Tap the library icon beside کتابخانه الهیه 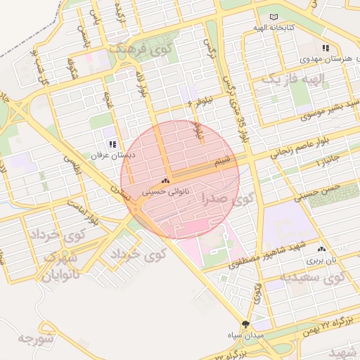[274, 17]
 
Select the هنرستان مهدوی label [324, 58]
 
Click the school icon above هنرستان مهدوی [325, 48]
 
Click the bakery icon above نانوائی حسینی [166, 181]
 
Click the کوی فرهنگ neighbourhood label [141, 50]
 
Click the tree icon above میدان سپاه [245, 324]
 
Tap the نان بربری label [321, 259]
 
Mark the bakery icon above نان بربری [322, 249]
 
